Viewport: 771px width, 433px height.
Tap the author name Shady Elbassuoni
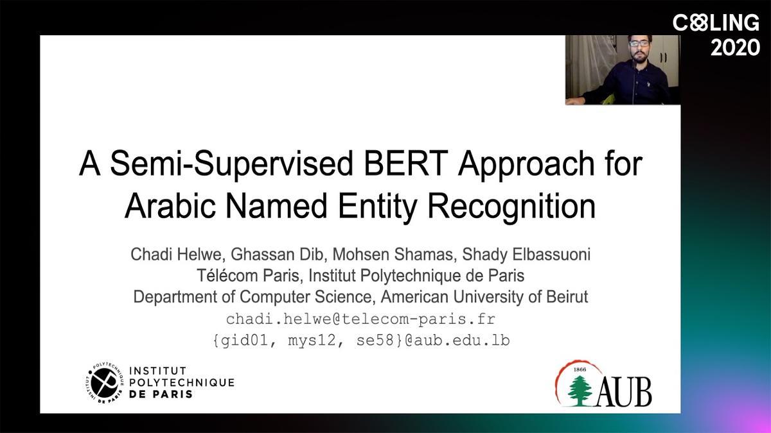526,255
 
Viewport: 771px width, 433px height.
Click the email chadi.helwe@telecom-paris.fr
360,319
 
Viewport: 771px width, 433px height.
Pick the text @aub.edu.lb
457,340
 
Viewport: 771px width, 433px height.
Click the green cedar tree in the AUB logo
580,391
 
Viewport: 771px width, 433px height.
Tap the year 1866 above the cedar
580,369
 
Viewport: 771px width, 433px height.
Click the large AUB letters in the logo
624,392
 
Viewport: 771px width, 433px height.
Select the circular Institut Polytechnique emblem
105,382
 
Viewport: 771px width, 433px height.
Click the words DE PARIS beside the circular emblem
161,394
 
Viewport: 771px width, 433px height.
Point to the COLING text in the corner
716,23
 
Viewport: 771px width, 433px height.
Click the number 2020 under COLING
735,47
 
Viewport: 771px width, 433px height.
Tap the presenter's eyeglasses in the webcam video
639,44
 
